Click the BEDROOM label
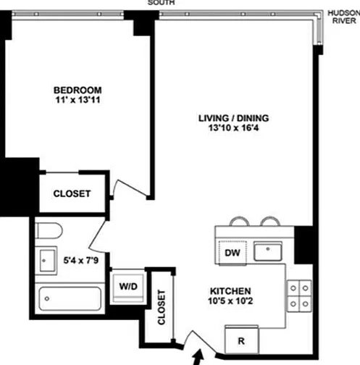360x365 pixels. coord(78,91)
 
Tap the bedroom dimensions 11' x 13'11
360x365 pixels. coord(78,100)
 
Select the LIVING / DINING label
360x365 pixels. coord(233,118)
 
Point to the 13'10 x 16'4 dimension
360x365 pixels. coord(233,127)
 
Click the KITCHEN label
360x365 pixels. coord(230,291)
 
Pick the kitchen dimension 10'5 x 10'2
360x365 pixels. coord(230,301)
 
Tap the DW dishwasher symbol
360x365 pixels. coord(233,253)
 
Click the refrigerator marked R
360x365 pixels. coord(241,340)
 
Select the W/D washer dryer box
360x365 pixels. coord(128,288)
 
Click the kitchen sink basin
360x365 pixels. coord(268,251)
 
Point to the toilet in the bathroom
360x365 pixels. coord(49,230)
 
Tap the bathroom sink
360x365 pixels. coord(46,261)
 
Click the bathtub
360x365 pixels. coord(70,298)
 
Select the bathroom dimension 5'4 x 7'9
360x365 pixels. coord(81,261)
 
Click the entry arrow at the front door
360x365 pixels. coord(198,357)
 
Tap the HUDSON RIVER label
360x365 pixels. coord(344,17)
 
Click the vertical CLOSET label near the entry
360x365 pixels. coord(162,307)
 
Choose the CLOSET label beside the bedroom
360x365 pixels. coord(72,193)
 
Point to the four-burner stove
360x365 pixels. coord(299,295)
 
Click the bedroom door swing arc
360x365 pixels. coord(125,185)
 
